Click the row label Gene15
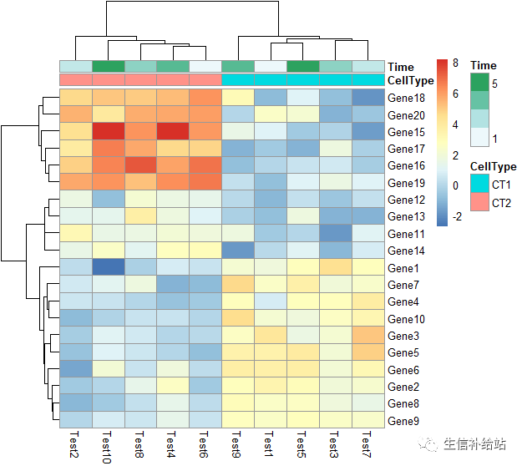pos(407,132)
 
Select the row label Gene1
pos(404,268)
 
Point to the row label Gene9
pos(404,421)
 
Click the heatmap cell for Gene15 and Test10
pos(108,132)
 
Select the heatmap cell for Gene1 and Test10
pos(108,268)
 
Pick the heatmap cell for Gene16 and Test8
pos(140,166)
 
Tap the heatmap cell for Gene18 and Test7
pos(368,98)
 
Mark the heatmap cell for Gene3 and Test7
pos(368,336)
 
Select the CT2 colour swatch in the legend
pos(479,204)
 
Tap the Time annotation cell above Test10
pos(108,66)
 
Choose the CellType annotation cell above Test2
pos(75,79)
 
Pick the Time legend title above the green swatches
pos(484,65)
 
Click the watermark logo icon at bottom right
pos(432,443)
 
